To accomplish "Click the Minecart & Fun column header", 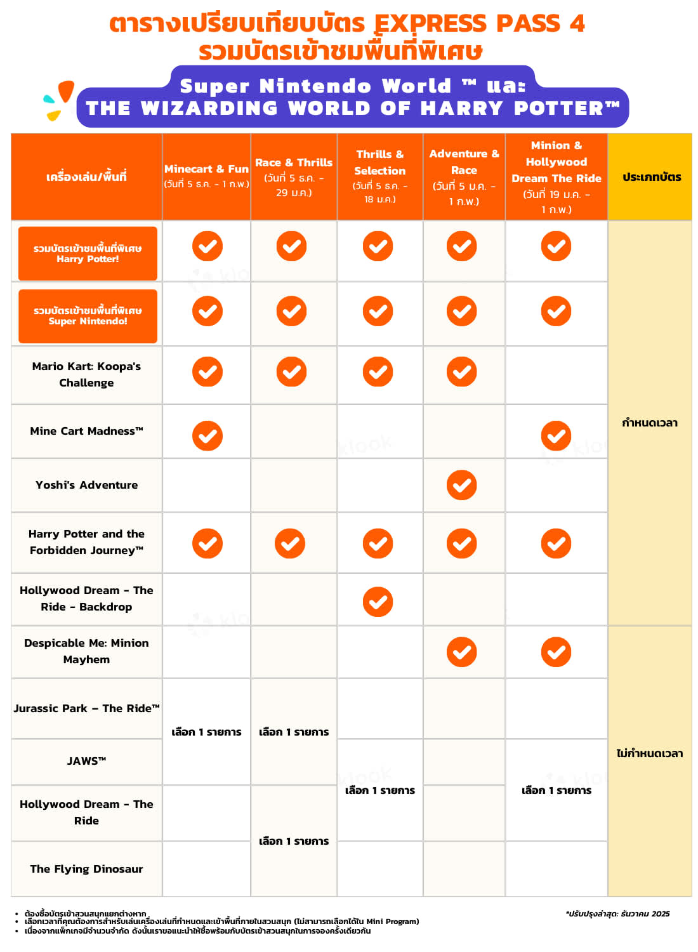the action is [x=206, y=176].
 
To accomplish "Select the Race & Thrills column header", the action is [x=294, y=176].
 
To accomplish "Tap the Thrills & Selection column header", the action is [x=379, y=176].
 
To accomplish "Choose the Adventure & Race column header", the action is [x=464, y=176].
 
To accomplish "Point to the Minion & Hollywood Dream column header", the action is [x=556, y=176].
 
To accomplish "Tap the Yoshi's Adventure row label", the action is [x=87, y=485].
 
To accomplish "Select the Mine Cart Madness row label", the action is [x=87, y=431].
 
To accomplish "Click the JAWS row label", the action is [x=87, y=761].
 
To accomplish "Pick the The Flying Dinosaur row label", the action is [x=87, y=869].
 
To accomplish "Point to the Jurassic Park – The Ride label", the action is [x=87, y=708].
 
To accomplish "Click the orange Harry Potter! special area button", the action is [x=88, y=253].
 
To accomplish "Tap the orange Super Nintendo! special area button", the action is [x=88, y=316].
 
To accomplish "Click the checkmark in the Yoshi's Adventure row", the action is [x=461, y=486].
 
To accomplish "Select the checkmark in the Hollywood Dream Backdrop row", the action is [x=378, y=602].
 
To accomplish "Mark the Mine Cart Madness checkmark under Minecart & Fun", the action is [x=207, y=436].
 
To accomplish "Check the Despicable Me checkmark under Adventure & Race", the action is [x=461, y=652].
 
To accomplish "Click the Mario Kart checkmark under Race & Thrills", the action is [x=291, y=372].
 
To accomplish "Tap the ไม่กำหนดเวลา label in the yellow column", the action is [x=650, y=753].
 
